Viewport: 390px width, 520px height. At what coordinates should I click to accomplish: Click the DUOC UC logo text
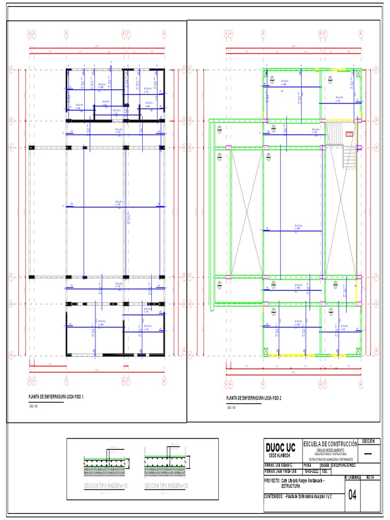tap(280, 447)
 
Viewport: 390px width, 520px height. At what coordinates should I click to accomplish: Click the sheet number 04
tap(352, 495)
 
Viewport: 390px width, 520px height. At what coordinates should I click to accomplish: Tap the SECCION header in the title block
tap(369, 441)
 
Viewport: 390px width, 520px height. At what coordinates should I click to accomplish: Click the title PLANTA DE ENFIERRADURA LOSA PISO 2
tap(254, 398)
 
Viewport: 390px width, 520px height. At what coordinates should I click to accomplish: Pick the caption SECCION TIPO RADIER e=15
tap(106, 486)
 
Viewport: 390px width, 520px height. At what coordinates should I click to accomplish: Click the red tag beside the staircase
tap(349, 134)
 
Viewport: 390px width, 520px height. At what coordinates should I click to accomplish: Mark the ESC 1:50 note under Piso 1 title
tap(32, 407)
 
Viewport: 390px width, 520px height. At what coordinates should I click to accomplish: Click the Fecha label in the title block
tap(307, 465)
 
